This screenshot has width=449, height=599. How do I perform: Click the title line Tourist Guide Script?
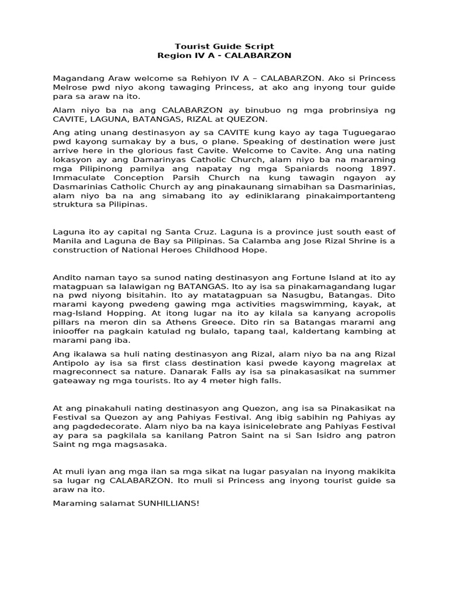coord(224,46)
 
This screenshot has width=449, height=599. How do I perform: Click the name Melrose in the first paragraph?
coord(70,87)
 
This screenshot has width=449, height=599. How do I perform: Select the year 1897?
coord(382,169)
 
